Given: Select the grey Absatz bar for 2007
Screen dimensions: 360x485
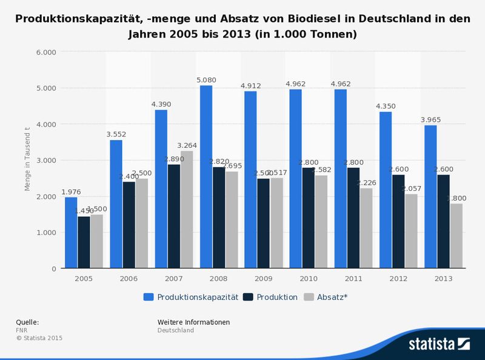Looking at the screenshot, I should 187,210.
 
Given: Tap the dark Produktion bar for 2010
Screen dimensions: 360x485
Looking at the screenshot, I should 308,218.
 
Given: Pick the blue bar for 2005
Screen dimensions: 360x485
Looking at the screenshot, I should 71,233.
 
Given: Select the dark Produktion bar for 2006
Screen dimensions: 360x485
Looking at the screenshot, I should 129,225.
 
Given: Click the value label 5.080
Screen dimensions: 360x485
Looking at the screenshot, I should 206,80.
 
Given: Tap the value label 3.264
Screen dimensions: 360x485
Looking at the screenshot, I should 187,145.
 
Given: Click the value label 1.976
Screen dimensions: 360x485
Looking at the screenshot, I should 71,192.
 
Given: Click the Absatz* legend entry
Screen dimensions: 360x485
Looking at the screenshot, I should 326,297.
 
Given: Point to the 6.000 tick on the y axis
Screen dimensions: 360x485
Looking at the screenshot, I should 46,52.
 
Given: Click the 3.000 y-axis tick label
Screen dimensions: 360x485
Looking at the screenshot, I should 46,160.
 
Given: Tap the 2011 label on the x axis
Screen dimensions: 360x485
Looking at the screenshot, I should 353,278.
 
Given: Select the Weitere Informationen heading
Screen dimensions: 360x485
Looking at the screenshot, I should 193,322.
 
